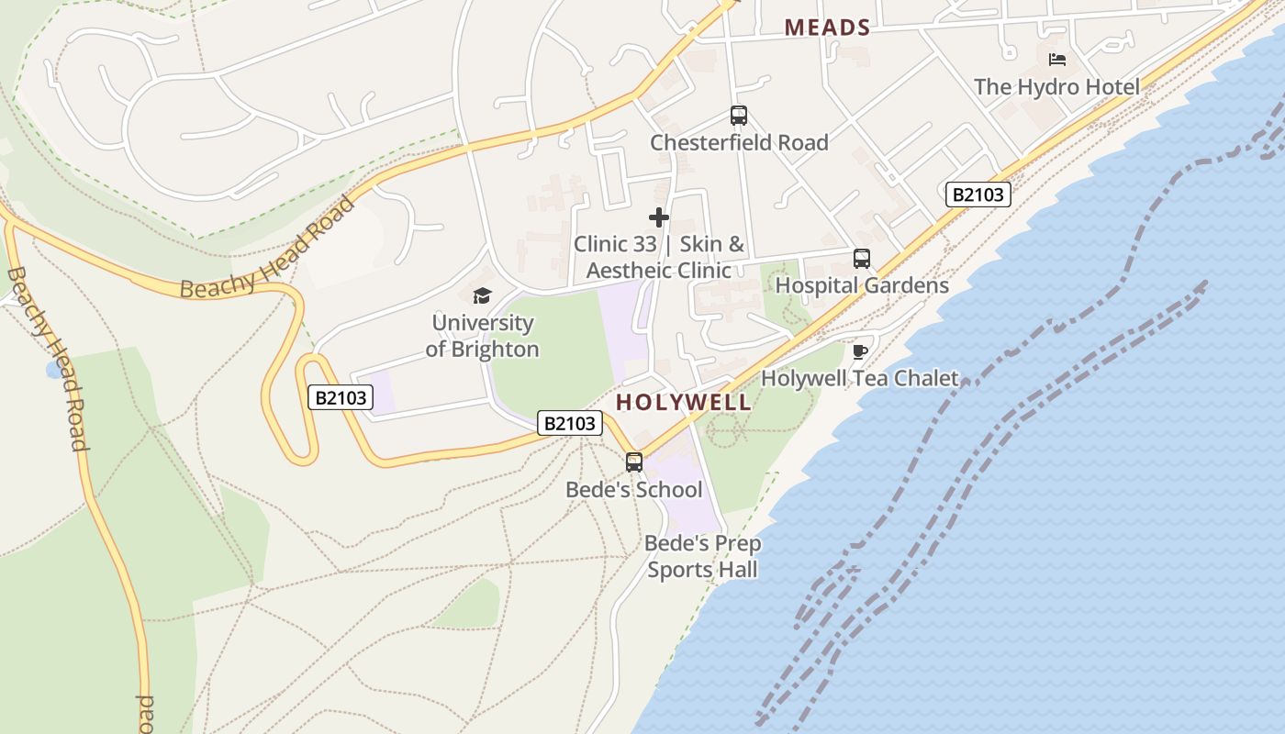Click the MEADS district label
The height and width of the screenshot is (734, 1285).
(x=827, y=28)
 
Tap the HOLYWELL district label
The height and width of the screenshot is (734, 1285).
(x=683, y=402)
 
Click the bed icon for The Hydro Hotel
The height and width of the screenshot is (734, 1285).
(x=1057, y=60)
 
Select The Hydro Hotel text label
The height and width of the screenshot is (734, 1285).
(x=1056, y=87)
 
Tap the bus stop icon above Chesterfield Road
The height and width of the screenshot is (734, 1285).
(x=739, y=116)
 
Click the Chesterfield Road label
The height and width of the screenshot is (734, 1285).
(x=739, y=142)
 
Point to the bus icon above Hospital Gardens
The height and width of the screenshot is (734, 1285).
(x=862, y=259)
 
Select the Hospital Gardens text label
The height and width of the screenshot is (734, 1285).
(x=862, y=285)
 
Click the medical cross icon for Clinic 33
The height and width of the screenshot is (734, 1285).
(x=659, y=217)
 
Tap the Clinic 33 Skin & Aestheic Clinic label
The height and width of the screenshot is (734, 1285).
(x=659, y=257)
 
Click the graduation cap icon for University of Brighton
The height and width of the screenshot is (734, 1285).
(x=482, y=295)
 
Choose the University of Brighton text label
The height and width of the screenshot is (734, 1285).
(x=482, y=336)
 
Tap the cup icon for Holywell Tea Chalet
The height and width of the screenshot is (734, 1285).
(x=860, y=351)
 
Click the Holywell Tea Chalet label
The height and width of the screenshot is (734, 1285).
(x=860, y=378)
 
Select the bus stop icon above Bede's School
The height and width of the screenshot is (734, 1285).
(x=634, y=462)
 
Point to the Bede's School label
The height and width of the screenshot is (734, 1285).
(x=633, y=489)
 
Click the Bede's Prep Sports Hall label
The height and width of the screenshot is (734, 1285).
(x=702, y=556)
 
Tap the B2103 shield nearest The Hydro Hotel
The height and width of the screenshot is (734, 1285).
(x=978, y=195)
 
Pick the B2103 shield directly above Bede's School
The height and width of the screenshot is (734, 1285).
(x=570, y=423)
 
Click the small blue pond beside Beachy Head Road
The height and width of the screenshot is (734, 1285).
(x=55, y=369)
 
